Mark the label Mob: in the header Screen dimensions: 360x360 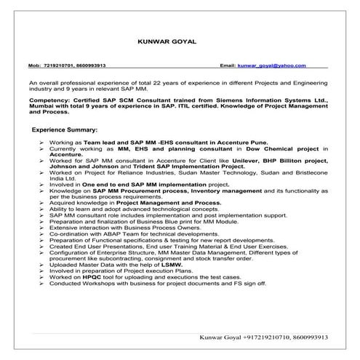click(x=34, y=65)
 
